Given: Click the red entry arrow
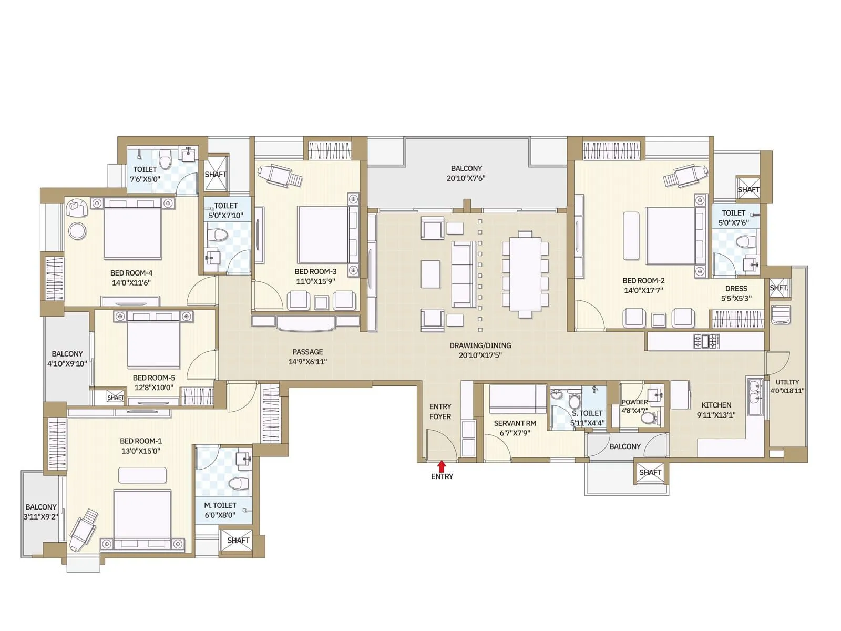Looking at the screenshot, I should [442, 466].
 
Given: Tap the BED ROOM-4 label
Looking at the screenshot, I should [131, 273].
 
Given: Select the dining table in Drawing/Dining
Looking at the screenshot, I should [525, 274].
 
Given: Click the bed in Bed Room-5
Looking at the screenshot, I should [153, 343].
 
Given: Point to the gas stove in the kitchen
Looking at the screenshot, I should [706, 341].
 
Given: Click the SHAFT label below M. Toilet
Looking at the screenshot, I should [238, 541].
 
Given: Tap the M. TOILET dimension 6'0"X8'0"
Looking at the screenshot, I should [220, 515].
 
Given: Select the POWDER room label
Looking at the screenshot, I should [634, 402].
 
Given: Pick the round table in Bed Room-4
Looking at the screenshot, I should [78, 231].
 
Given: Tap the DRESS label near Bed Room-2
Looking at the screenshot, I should [736, 288].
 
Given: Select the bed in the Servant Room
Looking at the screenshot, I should [518, 399].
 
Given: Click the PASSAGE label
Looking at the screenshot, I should [307, 352].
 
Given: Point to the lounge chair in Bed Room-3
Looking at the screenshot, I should [281, 175].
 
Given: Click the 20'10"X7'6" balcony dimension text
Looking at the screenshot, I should [466, 178].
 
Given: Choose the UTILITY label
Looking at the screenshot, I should [787, 382].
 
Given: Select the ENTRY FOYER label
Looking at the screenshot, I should [440, 411].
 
